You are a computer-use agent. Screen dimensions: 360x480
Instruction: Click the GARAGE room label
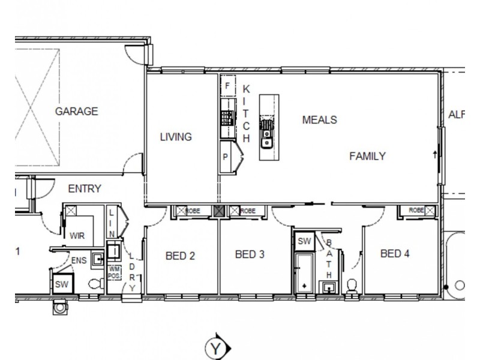point(76,111)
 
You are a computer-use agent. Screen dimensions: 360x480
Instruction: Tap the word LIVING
point(175,137)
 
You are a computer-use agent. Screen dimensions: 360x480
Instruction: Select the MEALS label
point(319,119)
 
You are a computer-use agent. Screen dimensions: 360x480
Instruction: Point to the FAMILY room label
point(367,156)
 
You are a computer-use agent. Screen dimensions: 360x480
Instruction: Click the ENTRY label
point(84,188)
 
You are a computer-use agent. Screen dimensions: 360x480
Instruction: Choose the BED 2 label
point(180,256)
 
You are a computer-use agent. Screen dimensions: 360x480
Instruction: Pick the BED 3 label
point(250,253)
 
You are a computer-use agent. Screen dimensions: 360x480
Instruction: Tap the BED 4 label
point(395,253)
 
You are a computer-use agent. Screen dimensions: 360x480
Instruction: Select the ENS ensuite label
point(79,260)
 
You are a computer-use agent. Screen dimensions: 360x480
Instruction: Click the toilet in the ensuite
point(94,284)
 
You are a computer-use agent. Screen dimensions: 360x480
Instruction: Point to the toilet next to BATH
point(352,285)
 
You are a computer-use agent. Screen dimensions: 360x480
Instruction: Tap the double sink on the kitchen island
point(267,133)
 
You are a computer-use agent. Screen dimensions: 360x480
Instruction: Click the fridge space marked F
point(227,86)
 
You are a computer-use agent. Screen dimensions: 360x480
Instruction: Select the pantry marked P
point(226,157)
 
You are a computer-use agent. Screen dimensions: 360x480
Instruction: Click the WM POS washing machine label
point(115,273)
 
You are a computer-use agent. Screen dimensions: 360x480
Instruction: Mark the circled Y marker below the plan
point(216,347)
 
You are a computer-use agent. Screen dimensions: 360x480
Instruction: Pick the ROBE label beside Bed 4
point(415,211)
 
